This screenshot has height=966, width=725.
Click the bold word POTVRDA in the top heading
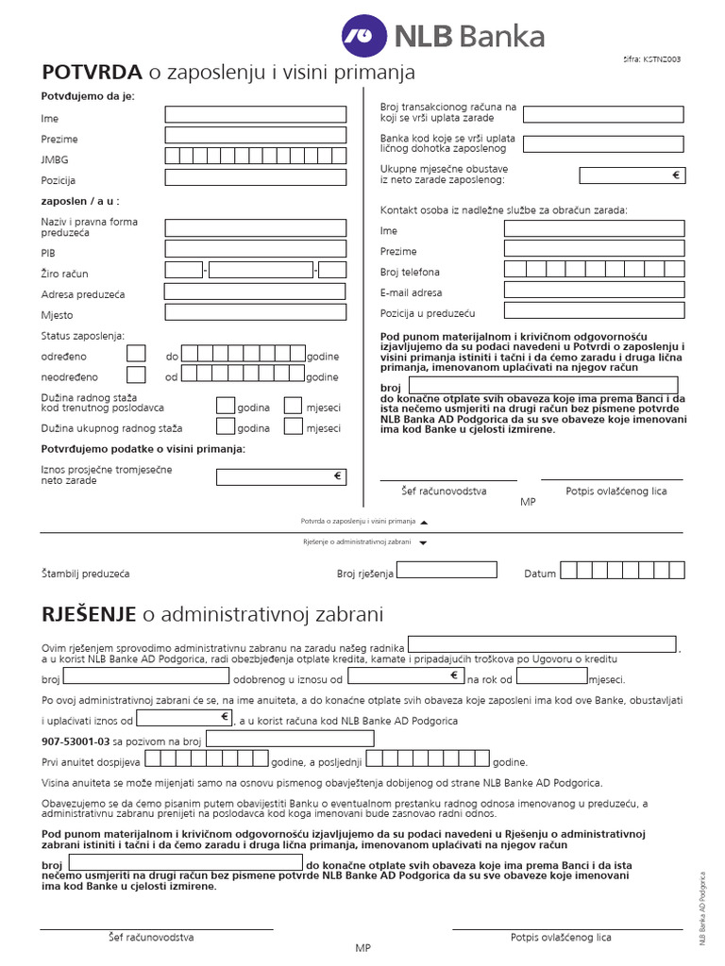pyautogui.click(x=92, y=73)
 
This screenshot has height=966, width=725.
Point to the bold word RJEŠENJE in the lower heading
pyautogui.click(x=90, y=615)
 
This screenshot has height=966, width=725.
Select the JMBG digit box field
pyautogui.click(x=256, y=157)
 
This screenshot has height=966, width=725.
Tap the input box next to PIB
pyautogui.click(x=256, y=249)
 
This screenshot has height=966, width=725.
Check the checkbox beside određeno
pyautogui.click(x=136, y=354)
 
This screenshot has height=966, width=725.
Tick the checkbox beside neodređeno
pyautogui.click(x=136, y=375)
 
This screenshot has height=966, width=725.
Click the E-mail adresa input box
pyautogui.click(x=594, y=290)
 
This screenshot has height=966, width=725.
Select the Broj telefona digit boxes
pyautogui.click(x=594, y=269)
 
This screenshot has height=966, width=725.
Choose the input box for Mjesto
pyautogui.click(x=256, y=312)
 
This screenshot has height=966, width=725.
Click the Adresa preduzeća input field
pyautogui.click(x=256, y=291)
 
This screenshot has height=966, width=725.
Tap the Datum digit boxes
pyautogui.click(x=632, y=570)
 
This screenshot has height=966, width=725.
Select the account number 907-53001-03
pyautogui.click(x=76, y=741)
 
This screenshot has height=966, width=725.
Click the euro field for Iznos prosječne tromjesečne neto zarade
pyautogui.click(x=280, y=477)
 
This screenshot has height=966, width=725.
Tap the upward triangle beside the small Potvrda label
pyautogui.click(x=424, y=522)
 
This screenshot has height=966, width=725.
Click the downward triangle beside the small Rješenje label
pyautogui.click(x=423, y=543)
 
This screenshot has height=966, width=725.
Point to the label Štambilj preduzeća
pyautogui.click(x=85, y=574)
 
